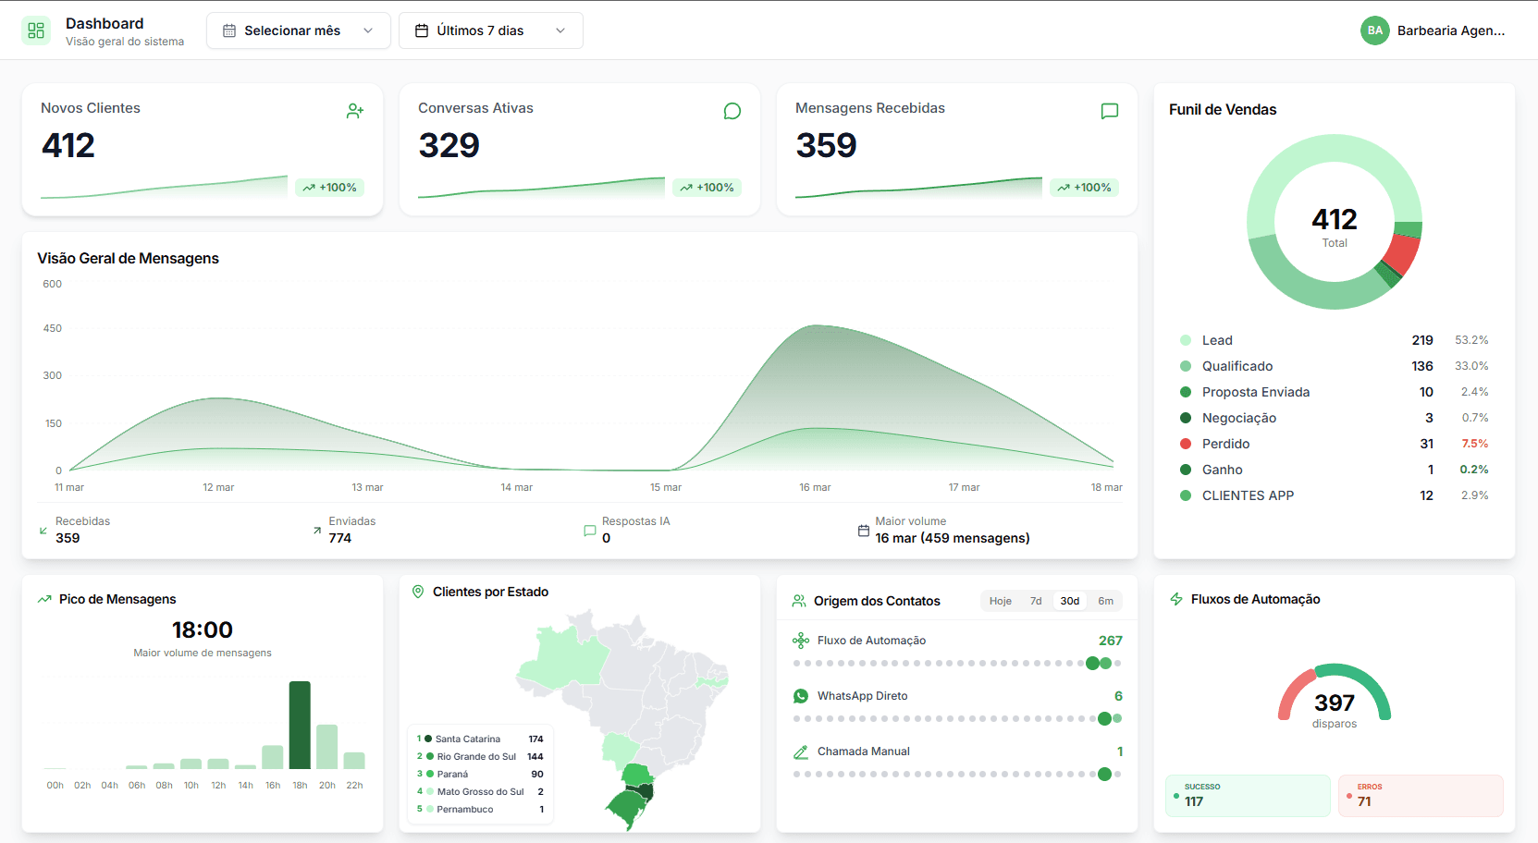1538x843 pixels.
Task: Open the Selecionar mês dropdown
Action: click(298, 31)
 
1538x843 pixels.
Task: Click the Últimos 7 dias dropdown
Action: click(490, 31)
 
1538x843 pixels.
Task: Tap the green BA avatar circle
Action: click(1374, 31)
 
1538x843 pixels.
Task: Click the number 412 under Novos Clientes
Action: click(68, 146)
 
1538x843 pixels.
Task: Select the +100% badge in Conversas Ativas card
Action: click(707, 188)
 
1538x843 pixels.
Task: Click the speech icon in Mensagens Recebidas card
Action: click(1110, 112)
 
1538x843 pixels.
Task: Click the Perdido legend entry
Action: click(1225, 444)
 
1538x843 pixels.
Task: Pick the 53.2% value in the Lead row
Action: click(1470, 340)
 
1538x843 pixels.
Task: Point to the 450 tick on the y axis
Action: click(53, 328)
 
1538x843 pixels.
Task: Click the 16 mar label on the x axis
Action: click(815, 487)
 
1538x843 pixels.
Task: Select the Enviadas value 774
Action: click(340, 538)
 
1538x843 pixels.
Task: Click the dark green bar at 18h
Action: click(300, 725)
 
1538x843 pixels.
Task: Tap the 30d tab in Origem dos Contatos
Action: click(1070, 601)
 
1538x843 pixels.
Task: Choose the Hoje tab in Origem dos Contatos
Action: click(1000, 601)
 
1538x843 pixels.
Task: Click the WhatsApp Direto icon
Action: click(801, 696)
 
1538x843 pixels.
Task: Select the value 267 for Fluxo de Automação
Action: click(1110, 641)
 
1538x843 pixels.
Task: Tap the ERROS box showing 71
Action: click(1420, 796)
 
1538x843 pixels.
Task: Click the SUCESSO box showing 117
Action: click(1247, 796)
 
